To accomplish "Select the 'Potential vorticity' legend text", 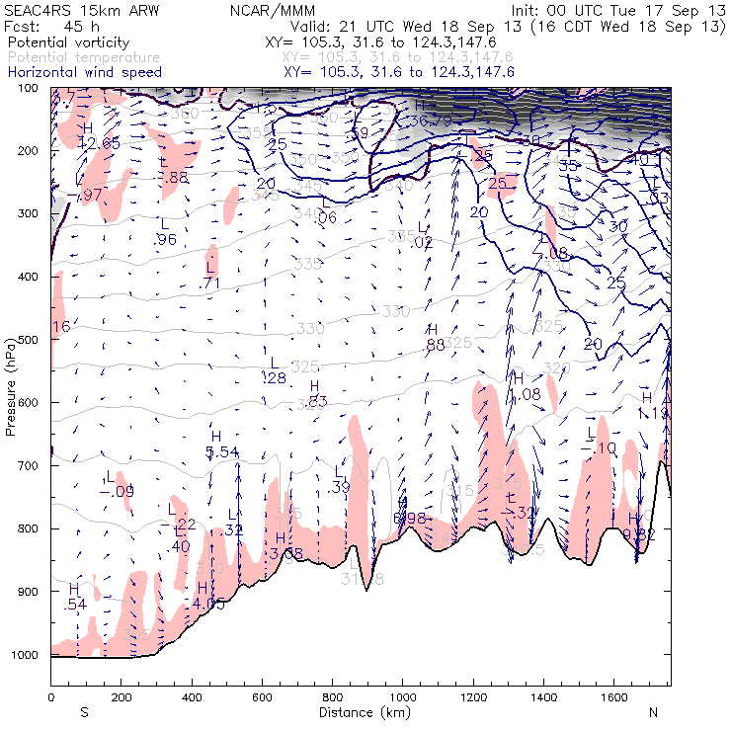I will point(65,44).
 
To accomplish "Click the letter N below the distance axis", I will point(653,711).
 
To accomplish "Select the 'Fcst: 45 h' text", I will point(46,26).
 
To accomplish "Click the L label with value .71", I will point(210,275).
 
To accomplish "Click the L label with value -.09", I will point(112,484).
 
